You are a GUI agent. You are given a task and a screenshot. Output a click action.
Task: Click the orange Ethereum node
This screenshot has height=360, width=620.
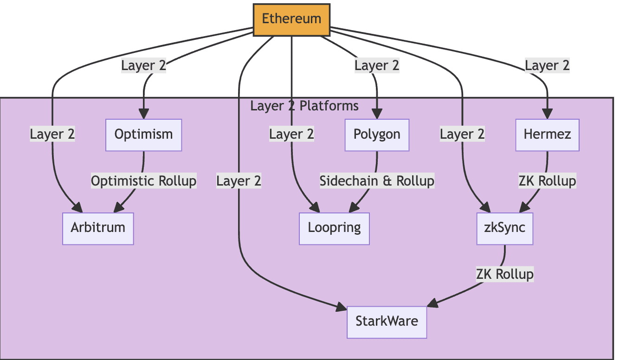click(x=291, y=19)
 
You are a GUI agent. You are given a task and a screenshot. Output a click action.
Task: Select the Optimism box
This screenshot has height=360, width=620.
click(x=143, y=135)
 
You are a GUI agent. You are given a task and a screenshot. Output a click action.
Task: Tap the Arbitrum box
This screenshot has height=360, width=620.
click(x=98, y=228)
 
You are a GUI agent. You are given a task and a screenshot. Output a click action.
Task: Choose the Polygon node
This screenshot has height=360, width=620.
click(x=377, y=135)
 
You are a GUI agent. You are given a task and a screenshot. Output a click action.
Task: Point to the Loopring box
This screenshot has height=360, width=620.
click(x=334, y=228)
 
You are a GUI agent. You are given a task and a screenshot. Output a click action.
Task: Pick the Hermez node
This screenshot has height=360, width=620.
click(x=548, y=135)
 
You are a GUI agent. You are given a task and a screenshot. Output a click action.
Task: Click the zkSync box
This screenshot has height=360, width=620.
click(x=505, y=228)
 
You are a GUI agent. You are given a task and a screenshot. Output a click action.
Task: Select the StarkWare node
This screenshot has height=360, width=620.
click(x=387, y=322)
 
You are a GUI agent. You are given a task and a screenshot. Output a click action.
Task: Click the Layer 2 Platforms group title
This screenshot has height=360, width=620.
click(x=304, y=106)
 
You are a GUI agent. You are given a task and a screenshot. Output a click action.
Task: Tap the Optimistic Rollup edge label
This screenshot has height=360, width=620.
click(x=143, y=181)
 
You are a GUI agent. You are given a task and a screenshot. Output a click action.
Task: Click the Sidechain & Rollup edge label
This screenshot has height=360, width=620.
click(x=377, y=181)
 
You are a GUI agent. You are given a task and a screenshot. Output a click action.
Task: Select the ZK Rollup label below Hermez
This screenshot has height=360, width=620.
click(x=548, y=181)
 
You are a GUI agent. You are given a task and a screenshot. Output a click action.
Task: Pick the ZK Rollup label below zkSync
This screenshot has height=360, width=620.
click(x=505, y=275)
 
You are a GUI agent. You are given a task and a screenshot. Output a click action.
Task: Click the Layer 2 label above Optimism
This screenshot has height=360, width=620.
click(x=143, y=65)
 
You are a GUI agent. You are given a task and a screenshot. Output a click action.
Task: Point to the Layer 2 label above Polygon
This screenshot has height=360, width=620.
click(x=377, y=65)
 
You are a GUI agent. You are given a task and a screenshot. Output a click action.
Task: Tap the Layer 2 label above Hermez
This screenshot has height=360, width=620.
click(x=548, y=65)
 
